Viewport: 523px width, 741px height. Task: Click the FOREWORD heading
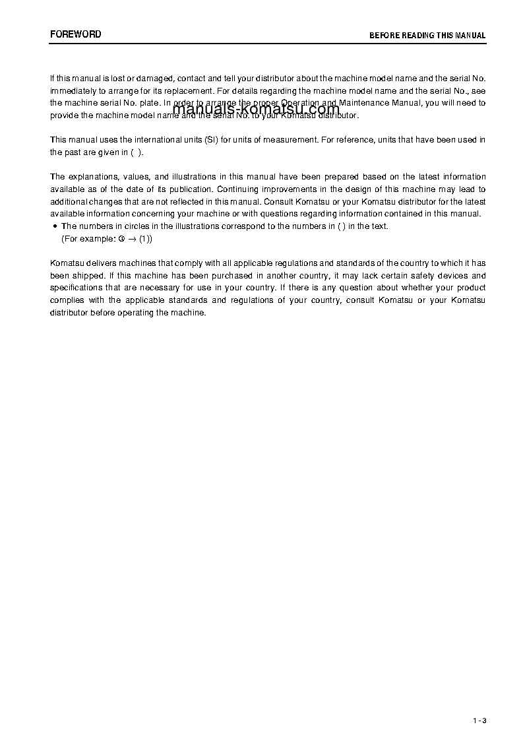[x=76, y=34]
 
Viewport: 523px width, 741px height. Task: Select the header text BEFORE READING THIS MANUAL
[x=427, y=36]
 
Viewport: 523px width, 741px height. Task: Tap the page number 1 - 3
[x=479, y=720]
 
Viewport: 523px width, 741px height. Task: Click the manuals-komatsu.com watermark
[x=256, y=110]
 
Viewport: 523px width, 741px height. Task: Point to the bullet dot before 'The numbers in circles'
[x=54, y=226]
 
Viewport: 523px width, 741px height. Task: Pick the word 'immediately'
[x=71, y=90]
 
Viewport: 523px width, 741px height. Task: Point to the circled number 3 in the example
[x=122, y=239]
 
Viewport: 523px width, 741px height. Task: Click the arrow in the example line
[x=132, y=239]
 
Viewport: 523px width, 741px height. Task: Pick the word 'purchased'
[x=213, y=276]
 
